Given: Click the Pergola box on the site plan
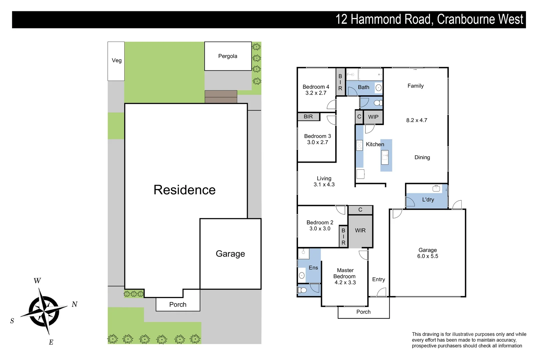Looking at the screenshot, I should (228, 56).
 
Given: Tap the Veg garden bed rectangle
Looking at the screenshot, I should (116, 61).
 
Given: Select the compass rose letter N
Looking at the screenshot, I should (75, 304).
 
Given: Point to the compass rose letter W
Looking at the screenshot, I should (37, 281).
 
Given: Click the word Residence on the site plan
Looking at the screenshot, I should (184, 190).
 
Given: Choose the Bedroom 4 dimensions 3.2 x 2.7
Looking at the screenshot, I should (316, 93).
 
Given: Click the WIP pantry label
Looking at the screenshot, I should (373, 117).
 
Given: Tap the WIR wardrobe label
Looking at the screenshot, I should (360, 231).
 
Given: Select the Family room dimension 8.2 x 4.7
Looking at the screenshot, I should (416, 120).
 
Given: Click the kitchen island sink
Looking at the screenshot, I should (385, 155).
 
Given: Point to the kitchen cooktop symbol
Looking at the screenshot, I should (359, 145).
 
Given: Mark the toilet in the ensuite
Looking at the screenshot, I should (302, 290).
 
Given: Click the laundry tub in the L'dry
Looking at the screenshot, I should (436, 189).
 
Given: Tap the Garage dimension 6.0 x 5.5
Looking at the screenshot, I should (427, 256).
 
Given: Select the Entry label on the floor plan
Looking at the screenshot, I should (378, 280).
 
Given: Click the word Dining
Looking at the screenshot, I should (422, 157).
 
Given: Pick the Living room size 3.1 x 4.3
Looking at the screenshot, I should (324, 185).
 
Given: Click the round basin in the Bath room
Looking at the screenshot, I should (378, 88).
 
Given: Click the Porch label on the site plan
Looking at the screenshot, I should (178, 305).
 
